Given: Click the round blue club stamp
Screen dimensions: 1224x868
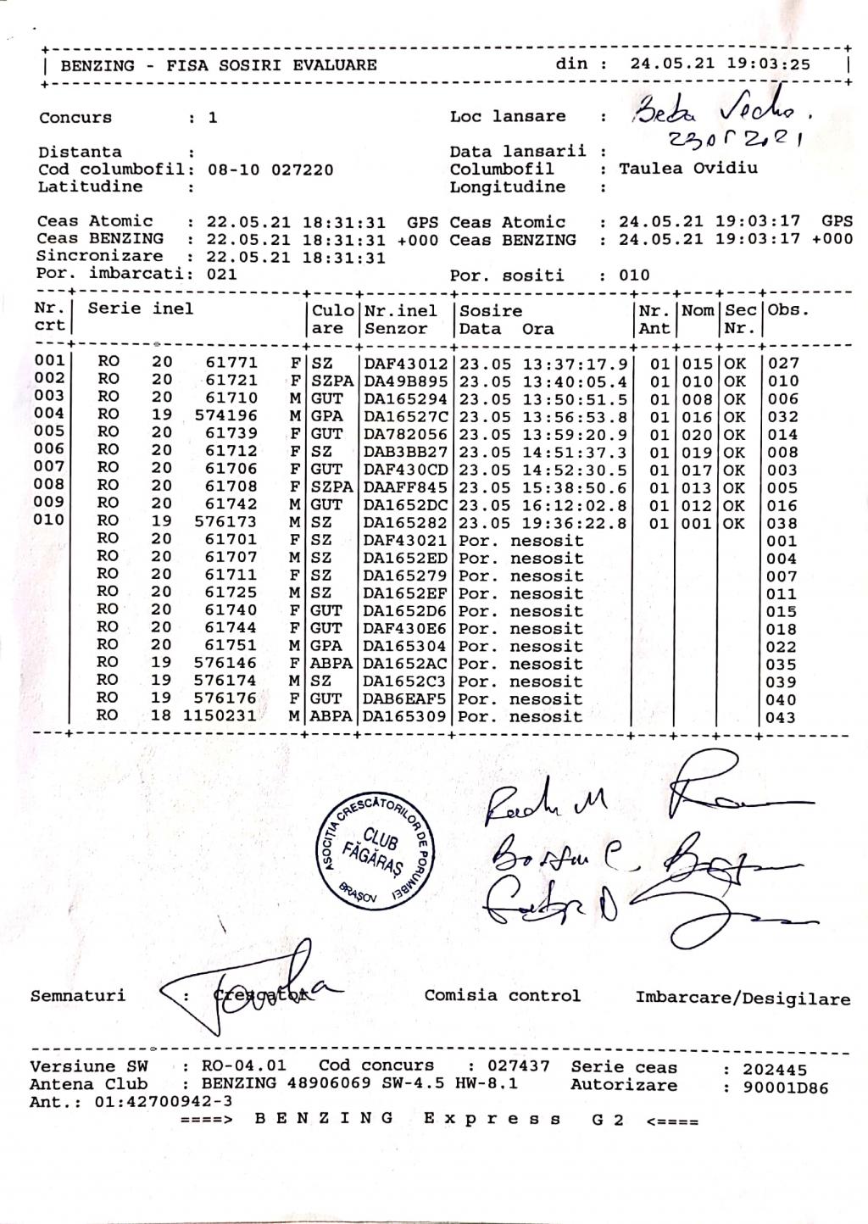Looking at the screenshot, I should click(376, 851).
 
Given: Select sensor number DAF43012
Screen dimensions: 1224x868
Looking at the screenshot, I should click(405, 364).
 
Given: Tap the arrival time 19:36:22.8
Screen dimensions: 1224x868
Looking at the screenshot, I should click(576, 524).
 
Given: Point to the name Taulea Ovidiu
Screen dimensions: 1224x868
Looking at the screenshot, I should click(688, 168).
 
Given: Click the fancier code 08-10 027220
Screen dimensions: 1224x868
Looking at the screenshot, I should click(270, 170).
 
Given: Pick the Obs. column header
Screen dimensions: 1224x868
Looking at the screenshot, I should click(788, 310).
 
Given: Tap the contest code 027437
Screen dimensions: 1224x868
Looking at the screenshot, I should click(519, 1065).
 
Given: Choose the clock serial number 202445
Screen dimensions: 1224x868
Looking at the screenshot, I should click(775, 1070).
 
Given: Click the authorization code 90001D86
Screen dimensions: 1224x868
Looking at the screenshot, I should click(786, 1088).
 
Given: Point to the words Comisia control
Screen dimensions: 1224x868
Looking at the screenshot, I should click(503, 996).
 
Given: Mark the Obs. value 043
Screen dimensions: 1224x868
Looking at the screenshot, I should click(781, 718).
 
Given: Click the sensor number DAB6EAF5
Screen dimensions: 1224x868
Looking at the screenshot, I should click(405, 699).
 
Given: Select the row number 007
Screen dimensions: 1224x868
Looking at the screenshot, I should click(49, 467).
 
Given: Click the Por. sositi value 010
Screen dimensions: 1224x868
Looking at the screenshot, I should click(634, 275).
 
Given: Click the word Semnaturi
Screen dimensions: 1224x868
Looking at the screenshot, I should click(77, 996).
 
